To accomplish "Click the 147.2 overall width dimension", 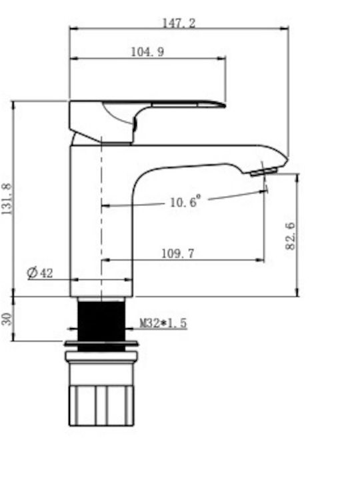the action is (x=179, y=23).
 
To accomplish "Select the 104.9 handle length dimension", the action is (x=147, y=51).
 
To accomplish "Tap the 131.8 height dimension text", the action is (x=7, y=199).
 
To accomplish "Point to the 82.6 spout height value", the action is (x=290, y=236).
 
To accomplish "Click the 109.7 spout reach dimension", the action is (x=178, y=253).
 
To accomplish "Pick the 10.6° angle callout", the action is (x=185, y=201).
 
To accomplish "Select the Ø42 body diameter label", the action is (x=40, y=272).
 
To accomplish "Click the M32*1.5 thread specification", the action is (x=163, y=323).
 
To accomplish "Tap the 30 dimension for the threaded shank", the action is (x=7, y=319).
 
